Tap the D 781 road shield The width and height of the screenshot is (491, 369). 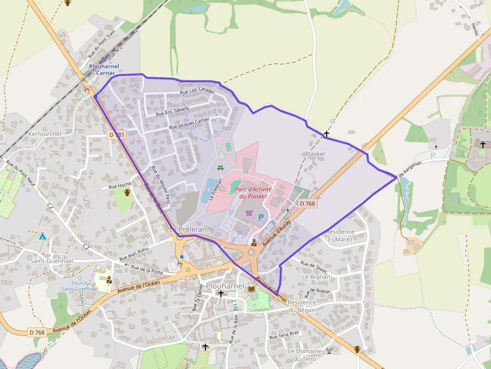(116, 135)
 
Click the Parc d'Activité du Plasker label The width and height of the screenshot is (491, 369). (253, 193)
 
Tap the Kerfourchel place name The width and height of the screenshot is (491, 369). (45, 134)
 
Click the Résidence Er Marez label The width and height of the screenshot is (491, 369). (340, 235)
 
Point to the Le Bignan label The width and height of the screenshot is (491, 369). (316, 276)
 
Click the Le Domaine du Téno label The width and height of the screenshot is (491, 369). (305, 355)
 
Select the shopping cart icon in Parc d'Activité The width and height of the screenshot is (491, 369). (250, 213)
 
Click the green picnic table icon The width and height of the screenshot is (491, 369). (220, 168)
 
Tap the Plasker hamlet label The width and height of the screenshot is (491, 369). (315, 154)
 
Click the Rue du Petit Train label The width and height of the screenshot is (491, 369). (101, 44)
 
